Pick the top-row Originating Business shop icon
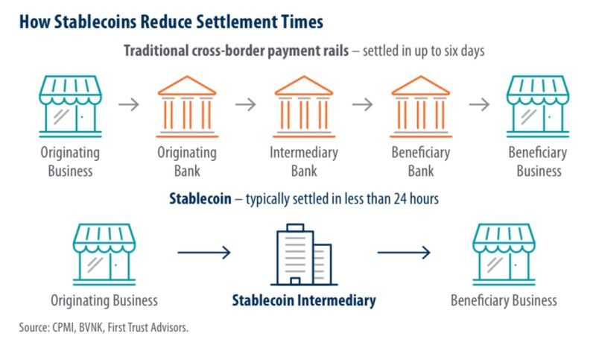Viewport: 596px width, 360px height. [69, 104]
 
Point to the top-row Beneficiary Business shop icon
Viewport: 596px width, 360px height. [537, 104]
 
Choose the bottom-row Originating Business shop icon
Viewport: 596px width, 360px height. [104, 253]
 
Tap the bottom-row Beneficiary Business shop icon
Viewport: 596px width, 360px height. [504, 253]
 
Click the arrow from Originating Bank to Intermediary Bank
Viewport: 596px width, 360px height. [245, 104]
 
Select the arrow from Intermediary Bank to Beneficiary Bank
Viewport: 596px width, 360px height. [362, 104]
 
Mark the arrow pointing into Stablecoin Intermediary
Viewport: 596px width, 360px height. [204, 253]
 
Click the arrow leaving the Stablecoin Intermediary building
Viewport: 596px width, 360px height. [404, 253]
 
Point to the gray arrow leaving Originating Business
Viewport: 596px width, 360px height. [129, 104]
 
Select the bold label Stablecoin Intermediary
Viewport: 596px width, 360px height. [303, 301]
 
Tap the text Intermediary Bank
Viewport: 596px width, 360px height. [303, 162]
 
